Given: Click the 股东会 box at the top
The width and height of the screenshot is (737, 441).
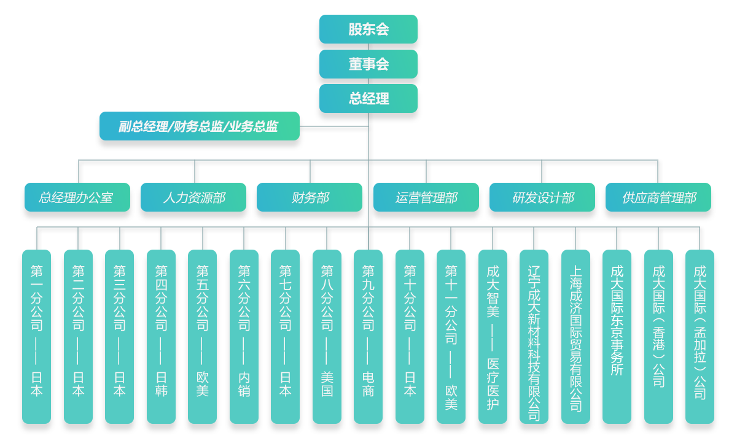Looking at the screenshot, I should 368,29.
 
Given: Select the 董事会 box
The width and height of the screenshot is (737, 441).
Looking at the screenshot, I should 368,64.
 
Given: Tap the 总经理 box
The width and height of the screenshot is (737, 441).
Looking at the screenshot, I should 368,99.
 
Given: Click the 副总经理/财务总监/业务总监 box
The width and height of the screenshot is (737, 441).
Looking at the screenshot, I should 199,127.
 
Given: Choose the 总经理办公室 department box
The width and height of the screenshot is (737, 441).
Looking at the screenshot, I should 77,197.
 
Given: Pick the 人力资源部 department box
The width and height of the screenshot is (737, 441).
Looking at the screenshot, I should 193,197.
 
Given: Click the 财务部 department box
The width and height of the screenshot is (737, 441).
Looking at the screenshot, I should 310,197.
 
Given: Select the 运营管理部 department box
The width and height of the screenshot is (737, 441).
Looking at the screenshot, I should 426,197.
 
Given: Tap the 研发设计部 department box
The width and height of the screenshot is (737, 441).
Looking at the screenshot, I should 543,197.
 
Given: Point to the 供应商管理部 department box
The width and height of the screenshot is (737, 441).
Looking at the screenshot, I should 659,197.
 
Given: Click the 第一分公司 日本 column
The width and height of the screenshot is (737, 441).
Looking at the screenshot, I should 37,336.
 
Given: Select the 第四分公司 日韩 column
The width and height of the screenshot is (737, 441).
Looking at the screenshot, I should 161,336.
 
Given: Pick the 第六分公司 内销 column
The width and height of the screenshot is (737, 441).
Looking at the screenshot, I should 244,336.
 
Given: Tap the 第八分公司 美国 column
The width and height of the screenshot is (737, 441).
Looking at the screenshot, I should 327,336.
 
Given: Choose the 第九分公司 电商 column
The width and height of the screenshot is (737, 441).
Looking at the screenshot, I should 368,336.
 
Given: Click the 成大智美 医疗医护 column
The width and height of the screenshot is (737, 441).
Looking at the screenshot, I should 493,336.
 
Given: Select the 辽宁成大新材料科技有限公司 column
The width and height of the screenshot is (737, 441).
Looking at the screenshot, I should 534,336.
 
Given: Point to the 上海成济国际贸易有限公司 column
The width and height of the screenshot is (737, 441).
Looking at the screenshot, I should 575,336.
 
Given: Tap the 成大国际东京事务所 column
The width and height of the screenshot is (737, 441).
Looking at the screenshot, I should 617,336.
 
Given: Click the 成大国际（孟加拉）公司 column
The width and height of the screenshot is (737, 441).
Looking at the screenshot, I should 700,336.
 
